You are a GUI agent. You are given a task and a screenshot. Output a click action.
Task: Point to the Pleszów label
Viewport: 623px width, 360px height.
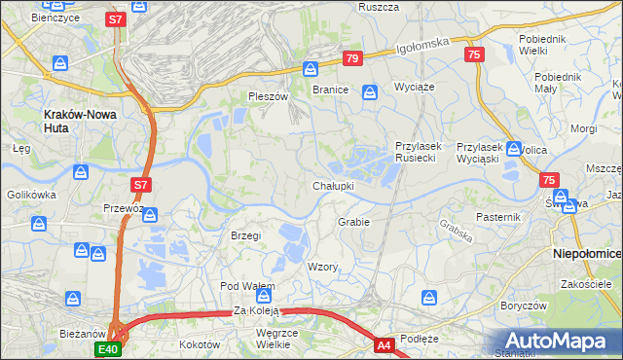pos(269,96)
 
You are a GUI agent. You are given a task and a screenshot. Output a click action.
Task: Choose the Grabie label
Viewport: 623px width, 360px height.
pos(353,222)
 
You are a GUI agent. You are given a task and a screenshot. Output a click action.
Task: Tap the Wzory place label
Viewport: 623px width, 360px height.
pos(322,267)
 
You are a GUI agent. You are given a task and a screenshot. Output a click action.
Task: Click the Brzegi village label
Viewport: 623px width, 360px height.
pos(245,235)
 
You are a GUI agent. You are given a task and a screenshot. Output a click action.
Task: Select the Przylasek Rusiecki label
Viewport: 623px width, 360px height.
pos(419,152)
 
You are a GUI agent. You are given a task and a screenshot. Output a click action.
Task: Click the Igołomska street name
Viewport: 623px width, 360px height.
pos(422,47)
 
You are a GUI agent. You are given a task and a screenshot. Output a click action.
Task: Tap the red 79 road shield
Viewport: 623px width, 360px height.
pos(352,59)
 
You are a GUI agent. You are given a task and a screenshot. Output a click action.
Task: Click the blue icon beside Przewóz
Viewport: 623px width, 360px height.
pos(149,215)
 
